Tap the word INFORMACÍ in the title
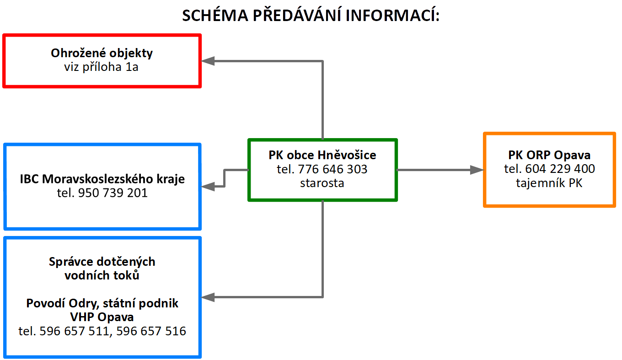click(392, 15)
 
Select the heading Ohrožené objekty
click(102, 53)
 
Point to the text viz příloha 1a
click(101, 67)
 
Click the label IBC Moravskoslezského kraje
click(102, 179)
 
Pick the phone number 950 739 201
click(113, 193)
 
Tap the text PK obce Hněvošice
click(322, 155)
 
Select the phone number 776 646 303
click(332, 169)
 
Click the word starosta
click(322, 183)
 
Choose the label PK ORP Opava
click(549, 155)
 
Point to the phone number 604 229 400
click(560, 169)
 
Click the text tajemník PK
click(549, 183)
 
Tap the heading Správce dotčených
click(102, 262)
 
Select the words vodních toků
click(102, 275)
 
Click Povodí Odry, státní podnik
click(102, 303)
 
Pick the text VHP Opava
click(102, 317)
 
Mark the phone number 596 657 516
click(151, 331)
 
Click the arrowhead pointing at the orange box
click(477, 170)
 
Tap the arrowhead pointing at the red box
click(208, 61)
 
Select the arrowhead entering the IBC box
click(208, 186)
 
